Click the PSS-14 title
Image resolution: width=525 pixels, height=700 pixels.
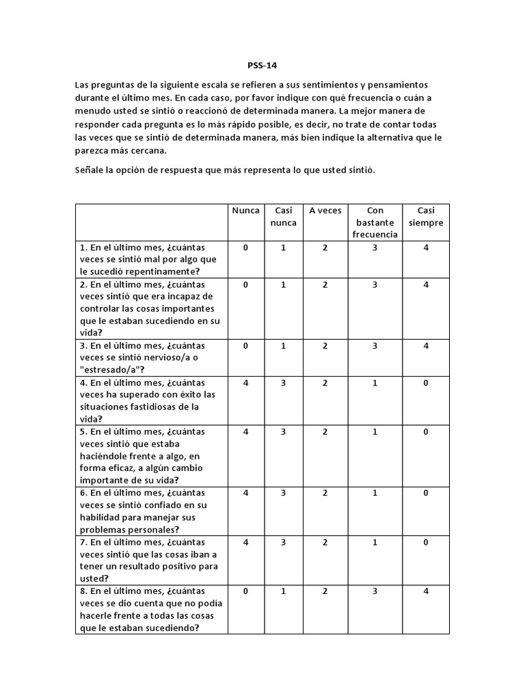[x=262, y=66]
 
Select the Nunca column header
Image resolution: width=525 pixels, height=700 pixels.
[x=246, y=211]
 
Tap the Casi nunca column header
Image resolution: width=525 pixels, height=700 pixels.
[x=283, y=217]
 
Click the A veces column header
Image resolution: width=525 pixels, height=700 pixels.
[x=325, y=211]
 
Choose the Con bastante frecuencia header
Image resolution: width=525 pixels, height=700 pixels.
[x=375, y=222]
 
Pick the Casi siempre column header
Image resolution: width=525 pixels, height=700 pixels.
[x=425, y=217]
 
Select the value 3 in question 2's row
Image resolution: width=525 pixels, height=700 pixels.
[x=375, y=285]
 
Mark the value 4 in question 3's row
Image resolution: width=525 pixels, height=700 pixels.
[x=425, y=346]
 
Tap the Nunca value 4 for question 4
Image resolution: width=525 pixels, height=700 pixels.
[x=246, y=383]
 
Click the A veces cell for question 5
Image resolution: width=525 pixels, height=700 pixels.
[x=325, y=432]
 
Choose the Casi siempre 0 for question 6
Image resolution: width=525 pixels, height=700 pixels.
[x=425, y=493]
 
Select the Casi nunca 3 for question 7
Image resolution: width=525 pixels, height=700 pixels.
[x=283, y=542]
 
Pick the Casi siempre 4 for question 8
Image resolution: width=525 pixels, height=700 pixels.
[x=425, y=591]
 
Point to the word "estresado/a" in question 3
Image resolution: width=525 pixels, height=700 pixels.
[x=113, y=370]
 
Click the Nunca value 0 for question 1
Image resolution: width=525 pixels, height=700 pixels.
[x=246, y=247]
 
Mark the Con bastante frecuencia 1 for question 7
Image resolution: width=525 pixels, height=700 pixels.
[x=375, y=542]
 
